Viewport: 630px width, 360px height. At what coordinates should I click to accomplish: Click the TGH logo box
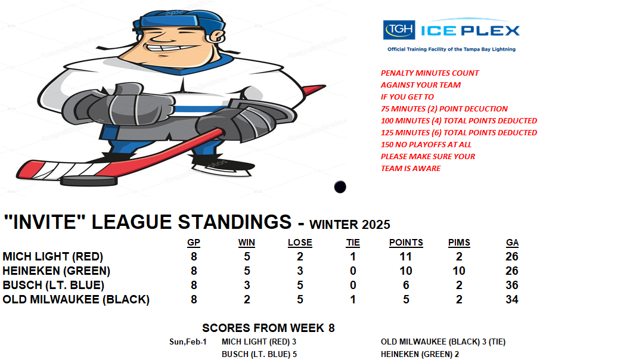[399, 30]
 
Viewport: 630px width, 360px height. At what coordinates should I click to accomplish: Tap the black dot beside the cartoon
[340, 187]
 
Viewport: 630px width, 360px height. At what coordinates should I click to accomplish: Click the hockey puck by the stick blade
[89, 181]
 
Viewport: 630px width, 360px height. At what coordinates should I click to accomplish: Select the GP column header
[194, 243]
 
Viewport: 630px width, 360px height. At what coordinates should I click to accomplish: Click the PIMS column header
[460, 243]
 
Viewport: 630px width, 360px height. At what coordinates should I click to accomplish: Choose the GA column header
[512, 243]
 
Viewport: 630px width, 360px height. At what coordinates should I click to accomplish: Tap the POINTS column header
[406, 243]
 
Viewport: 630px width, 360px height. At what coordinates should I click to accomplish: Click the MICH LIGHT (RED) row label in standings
[52, 256]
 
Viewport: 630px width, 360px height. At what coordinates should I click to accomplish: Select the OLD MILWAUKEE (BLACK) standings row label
[76, 299]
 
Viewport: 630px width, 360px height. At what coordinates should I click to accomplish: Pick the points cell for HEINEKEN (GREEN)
[406, 271]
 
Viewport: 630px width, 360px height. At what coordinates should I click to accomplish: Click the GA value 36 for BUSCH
[512, 285]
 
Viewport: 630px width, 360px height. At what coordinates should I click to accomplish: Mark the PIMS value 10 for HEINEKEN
[459, 271]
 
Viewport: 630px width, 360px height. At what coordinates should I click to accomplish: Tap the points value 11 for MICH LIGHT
[405, 256]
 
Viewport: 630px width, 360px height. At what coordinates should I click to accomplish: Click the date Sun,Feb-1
[188, 342]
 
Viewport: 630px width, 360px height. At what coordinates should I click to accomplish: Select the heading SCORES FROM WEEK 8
[268, 328]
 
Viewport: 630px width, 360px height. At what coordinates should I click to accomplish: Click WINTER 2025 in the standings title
[349, 224]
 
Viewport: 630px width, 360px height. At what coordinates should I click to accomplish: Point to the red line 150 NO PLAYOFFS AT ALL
[426, 145]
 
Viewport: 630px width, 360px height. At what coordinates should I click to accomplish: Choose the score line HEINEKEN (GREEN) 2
[420, 355]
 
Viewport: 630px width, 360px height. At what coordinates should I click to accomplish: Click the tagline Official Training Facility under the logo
[451, 49]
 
